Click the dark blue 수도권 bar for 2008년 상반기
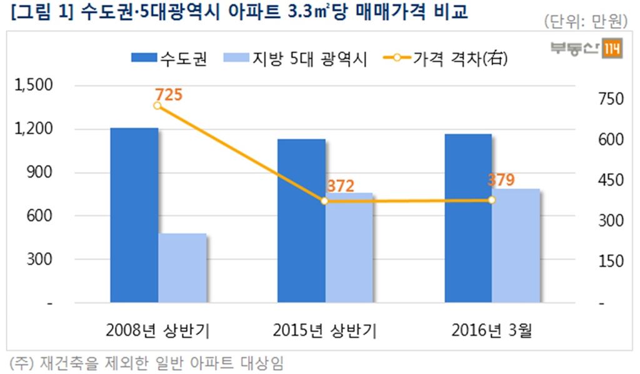[134, 215]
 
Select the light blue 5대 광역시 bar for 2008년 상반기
[182, 268]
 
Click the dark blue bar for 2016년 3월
[467, 218]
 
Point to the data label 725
[169, 95]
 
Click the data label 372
[341, 186]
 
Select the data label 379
[501, 180]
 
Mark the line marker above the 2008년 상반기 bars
[157, 106]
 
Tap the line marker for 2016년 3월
[491, 200]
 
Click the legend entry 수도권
[169, 59]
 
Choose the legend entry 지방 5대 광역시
[294, 59]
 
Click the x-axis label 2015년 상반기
[324, 330]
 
